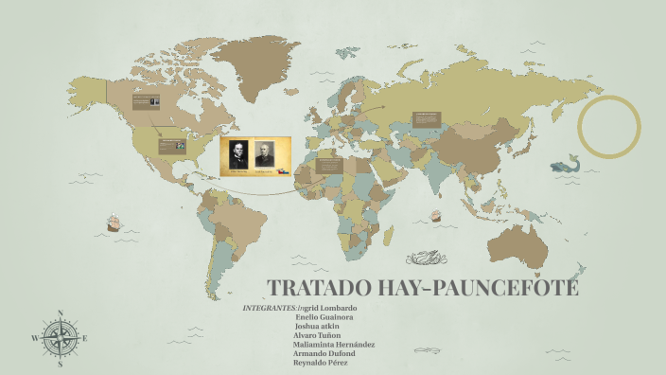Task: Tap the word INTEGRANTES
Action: tap(270, 309)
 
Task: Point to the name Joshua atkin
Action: tap(320, 327)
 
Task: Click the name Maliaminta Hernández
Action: tap(334, 345)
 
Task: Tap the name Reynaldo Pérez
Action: tap(322, 363)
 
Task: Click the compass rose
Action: tap(61, 337)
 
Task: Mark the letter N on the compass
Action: tap(61, 312)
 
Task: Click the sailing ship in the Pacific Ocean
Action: tap(113, 223)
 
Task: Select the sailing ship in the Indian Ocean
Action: tap(437, 215)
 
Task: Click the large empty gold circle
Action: tap(609, 127)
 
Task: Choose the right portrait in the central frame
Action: tap(264, 156)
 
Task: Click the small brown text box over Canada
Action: tap(146, 101)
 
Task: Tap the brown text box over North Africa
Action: tap(329, 165)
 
